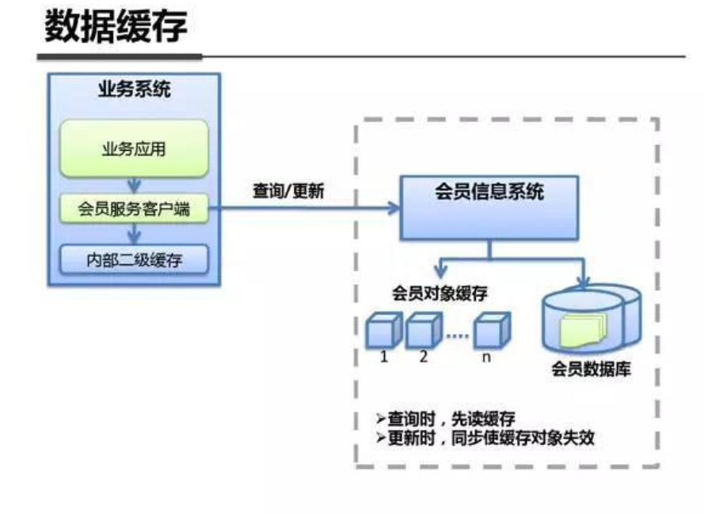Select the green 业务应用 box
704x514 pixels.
[x=134, y=149]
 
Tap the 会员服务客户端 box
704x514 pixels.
[x=134, y=210]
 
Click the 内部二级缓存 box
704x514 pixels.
[x=134, y=259]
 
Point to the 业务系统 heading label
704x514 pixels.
[x=134, y=88]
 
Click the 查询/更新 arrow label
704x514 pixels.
[x=288, y=192]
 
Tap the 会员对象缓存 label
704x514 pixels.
[x=440, y=293]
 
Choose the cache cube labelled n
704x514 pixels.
[x=490, y=329]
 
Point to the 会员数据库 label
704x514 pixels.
[x=592, y=370]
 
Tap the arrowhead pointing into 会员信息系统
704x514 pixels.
[x=394, y=209]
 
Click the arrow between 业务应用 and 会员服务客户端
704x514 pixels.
[x=135, y=186]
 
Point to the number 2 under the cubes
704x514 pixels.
[x=424, y=357]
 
